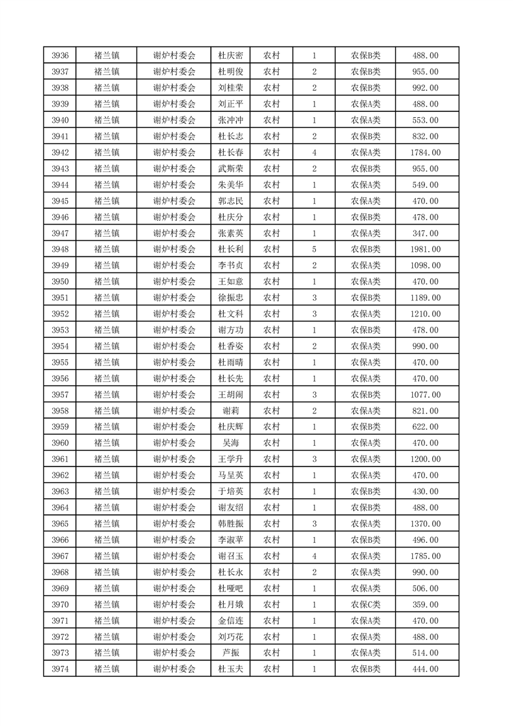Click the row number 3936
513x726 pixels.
(x=60, y=56)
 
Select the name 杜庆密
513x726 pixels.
(x=230, y=56)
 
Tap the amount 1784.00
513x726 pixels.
(x=425, y=153)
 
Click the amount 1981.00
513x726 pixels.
(x=425, y=250)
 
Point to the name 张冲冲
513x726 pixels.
(x=230, y=120)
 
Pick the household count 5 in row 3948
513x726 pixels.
(x=314, y=250)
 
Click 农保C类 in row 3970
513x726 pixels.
(x=366, y=604)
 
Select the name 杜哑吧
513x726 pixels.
(x=230, y=588)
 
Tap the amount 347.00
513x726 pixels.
(x=425, y=234)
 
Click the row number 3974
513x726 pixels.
(x=60, y=669)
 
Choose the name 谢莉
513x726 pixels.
(x=230, y=411)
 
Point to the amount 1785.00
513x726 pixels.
(x=425, y=556)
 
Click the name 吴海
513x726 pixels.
(x=230, y=443)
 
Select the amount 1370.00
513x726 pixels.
(x=425, y=523)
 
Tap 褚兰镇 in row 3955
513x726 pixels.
(x=106, y=362)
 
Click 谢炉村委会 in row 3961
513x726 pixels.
(x=174, y=459)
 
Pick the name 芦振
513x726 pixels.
(x=230, y=653)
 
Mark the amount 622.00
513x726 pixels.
(x=425, y=427)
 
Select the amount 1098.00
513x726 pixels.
(x=425, y=266)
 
